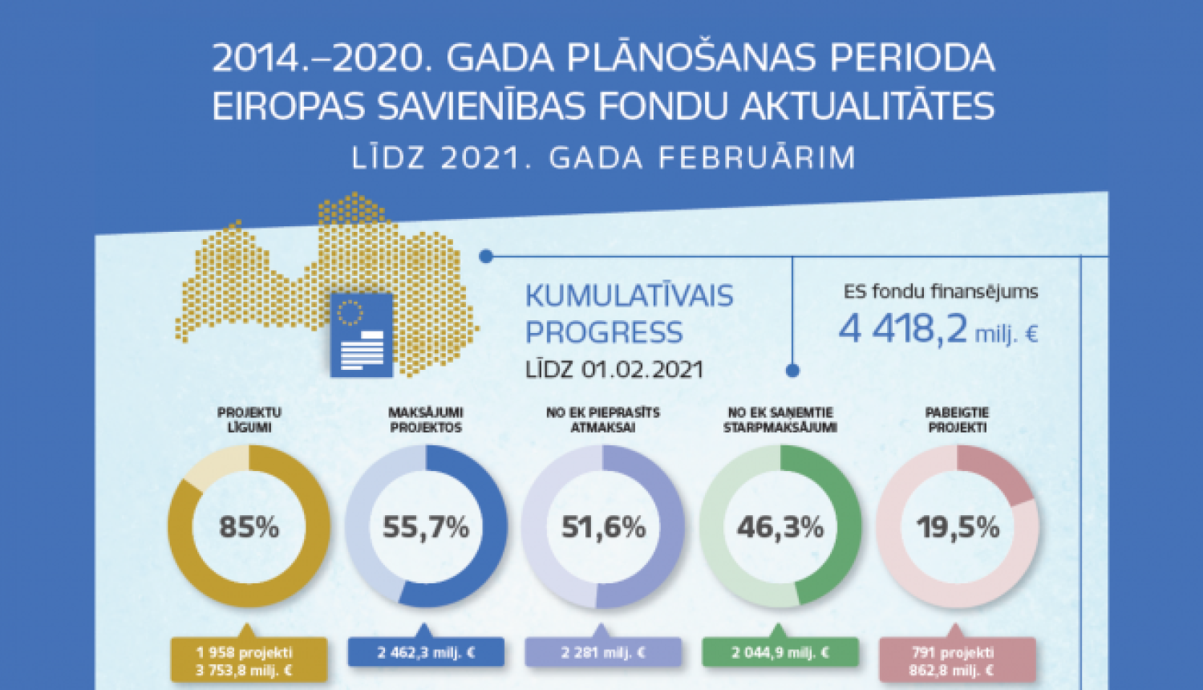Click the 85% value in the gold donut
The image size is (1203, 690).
[x=249, y=527]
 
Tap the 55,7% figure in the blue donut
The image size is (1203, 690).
[x=426, y=527]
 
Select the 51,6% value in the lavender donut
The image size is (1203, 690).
[x=603, y=527]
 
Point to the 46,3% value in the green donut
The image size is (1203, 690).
[x=780, y=527]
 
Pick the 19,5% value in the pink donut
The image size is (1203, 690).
[x=958, y=527]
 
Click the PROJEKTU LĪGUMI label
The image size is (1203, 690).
[x=249, y=420]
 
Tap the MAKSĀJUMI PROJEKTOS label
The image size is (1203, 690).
[x=426, y=420]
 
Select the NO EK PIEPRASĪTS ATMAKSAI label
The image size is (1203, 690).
[x=603, y=420]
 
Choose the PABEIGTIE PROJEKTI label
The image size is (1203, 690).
[x=958, y=420]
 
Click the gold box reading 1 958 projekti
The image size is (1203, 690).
[x=249, y=661]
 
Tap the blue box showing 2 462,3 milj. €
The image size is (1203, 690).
[x=426, y=652]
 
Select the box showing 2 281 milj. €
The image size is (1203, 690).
[x=603, y=652]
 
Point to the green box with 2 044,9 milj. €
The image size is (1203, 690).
[x=780, y=652]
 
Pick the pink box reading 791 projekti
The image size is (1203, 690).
[x=957, y=661]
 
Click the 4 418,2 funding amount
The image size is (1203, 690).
[x=903, y=328]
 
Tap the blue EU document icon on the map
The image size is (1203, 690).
[x=362, y=335]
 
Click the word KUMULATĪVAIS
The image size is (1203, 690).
[x=629, y=296]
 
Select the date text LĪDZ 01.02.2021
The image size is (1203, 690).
[x=614, y=370]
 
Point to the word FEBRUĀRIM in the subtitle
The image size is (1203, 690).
[x=756, y=158]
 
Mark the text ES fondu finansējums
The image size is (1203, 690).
[x=941, y=291]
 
